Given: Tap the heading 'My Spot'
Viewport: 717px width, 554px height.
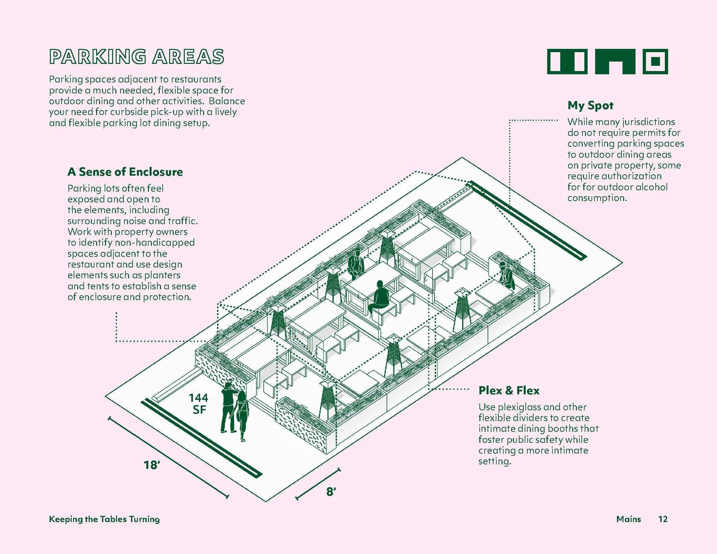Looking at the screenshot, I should [590, 106].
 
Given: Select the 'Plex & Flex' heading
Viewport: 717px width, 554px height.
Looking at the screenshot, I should [509, 390].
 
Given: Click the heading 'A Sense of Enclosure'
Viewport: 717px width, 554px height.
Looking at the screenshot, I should [125, 172].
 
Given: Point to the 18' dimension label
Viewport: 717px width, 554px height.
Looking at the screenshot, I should [152, 465].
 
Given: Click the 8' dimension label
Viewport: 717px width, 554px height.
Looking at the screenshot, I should [331, 492].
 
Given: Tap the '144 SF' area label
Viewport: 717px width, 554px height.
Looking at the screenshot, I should [198, 404].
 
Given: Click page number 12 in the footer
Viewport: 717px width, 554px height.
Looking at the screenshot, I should [663, 519].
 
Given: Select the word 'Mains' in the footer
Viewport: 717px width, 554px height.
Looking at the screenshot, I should [628, 519].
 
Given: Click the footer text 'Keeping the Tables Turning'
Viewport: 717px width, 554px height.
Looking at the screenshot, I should [104, 519].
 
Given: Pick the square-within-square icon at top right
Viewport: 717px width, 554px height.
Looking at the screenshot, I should [655, 61].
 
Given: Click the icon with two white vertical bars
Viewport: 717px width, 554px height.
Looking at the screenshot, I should [567, 61].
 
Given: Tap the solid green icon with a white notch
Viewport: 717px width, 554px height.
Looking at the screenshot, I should [615, 61].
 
